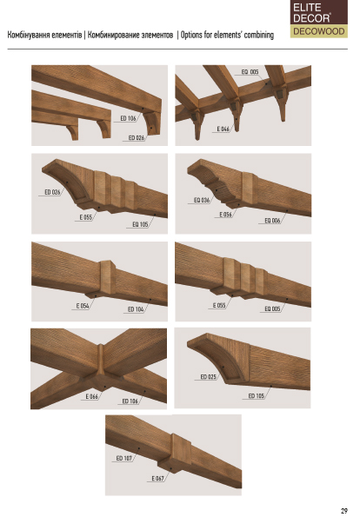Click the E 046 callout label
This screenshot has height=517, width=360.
click(223, 129)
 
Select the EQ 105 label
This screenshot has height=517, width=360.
click(140, 224)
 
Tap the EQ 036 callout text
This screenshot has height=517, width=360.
click(202, 200)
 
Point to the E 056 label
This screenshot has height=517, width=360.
click(226, 215)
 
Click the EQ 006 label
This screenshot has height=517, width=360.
click(272, 220)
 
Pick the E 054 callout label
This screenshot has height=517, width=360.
click(83, 306)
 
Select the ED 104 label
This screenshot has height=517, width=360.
click(136, 309)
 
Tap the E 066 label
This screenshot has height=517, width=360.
click(92, 396)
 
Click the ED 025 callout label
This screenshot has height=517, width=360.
click(208, 376)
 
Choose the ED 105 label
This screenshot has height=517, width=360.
click(257, 395)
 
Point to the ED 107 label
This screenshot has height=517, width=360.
click(124, 458)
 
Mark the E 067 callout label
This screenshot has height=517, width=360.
click(157, 478)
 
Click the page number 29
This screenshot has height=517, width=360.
click(344, 511)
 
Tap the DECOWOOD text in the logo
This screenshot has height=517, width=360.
click(319, 31)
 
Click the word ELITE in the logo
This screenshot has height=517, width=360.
click(307, 8)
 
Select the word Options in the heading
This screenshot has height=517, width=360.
click(191, 35)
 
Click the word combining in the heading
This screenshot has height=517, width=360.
click(259, 35)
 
